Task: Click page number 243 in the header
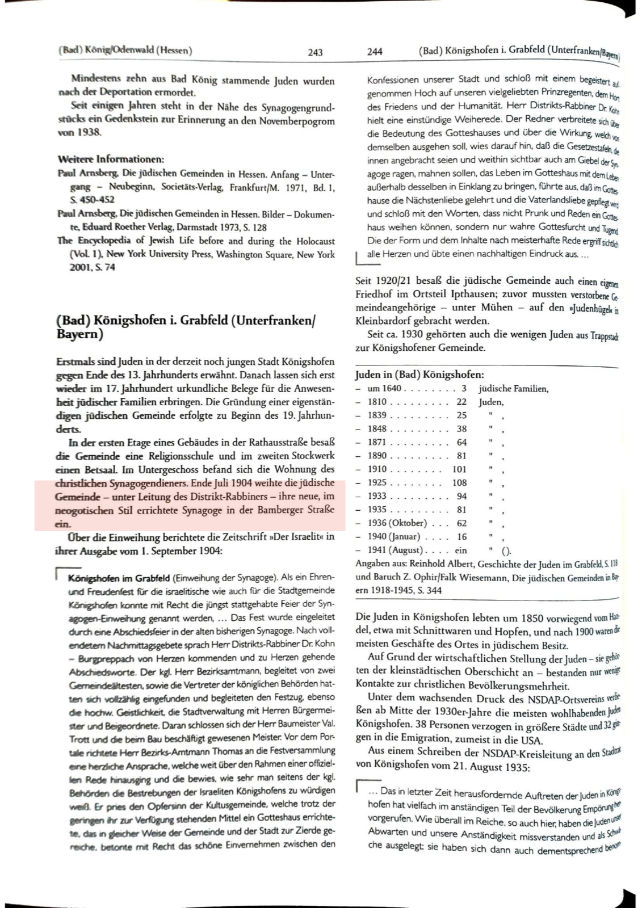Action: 315,52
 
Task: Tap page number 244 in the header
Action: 375,52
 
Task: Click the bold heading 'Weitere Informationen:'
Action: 111,159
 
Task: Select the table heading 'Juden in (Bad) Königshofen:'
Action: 419,375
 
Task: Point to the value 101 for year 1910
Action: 459,469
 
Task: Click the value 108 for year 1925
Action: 459,483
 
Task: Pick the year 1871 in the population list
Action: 377,442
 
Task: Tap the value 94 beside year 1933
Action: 461,496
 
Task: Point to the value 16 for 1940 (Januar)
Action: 461,536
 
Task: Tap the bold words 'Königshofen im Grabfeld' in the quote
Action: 119,578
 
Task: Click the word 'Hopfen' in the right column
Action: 514,632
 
